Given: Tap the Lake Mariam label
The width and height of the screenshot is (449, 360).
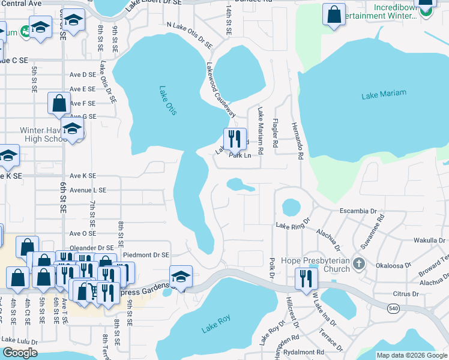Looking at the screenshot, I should [x=384, y=94].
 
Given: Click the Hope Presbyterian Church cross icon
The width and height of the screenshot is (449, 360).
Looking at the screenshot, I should [x=358, y=263].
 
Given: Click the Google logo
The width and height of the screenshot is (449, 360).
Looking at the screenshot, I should [x=19, y=352].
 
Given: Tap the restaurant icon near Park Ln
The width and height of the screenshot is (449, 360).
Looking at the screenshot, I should [x=235, y=139].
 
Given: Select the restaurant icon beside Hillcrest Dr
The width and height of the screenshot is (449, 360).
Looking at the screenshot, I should [x=306, y=277].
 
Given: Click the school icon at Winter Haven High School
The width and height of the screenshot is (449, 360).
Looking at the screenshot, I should [x=72, y=128].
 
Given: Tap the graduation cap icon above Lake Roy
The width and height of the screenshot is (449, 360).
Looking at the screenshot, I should [x=181, y=276].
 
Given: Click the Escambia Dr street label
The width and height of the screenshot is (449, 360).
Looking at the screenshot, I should [x=357, y=212].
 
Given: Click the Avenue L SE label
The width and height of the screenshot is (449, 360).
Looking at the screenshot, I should [x=88, y=190].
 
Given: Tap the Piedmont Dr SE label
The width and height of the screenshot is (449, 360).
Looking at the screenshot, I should [x=146, y=255].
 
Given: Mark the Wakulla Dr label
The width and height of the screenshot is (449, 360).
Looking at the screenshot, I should [x=429, y=240].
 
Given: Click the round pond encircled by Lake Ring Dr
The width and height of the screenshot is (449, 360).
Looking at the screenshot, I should [x=291, y=207].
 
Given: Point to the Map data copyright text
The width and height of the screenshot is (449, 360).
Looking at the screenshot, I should [x=411, y=355].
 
